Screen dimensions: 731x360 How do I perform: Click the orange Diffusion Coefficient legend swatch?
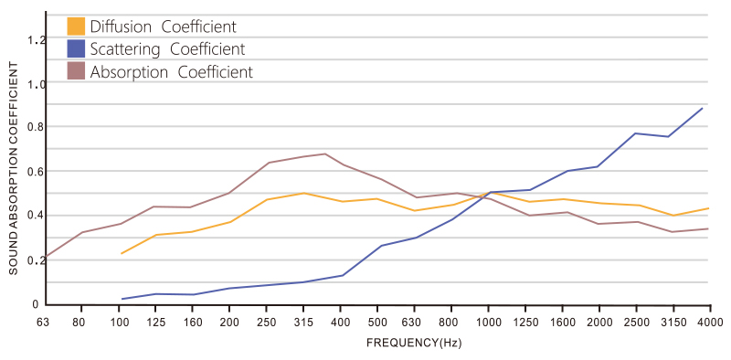point(76,26)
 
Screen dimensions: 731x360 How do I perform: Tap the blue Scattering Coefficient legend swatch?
point(76,49)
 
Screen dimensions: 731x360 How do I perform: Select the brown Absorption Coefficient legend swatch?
point(76,71)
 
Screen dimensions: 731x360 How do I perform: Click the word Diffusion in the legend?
point(121,26)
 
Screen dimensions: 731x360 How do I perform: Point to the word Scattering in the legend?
point(125,49)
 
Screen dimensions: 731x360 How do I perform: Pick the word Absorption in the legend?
point(129,72)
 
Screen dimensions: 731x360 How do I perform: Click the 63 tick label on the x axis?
point(45,322)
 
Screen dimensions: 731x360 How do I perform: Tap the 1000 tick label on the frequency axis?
point(488,322)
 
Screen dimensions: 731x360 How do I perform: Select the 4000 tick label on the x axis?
point(710,322)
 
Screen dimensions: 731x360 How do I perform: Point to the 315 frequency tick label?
point(303,322)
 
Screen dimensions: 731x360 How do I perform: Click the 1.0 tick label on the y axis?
point(36,84)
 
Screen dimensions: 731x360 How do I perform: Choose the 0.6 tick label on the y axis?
point(36,172)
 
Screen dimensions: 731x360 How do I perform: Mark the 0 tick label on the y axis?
point(35,304)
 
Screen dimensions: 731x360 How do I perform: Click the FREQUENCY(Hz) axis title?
point(414,344)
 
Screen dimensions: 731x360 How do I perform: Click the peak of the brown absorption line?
point(324,154)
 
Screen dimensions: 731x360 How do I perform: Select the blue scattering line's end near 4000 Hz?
point(702,108)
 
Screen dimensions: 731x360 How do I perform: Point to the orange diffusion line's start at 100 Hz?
point(122,253)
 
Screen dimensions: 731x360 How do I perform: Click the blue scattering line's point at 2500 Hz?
point(636,133)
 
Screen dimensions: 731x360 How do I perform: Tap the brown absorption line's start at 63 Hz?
point(46,257)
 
